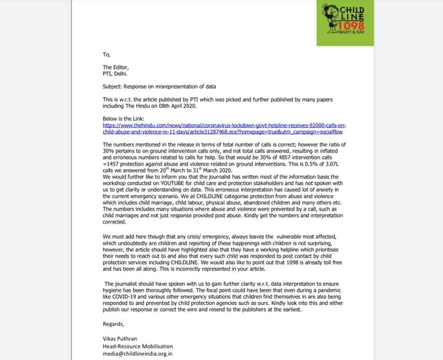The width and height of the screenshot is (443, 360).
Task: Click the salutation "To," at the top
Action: point(106,54)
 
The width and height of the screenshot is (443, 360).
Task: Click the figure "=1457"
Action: point(110,164)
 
